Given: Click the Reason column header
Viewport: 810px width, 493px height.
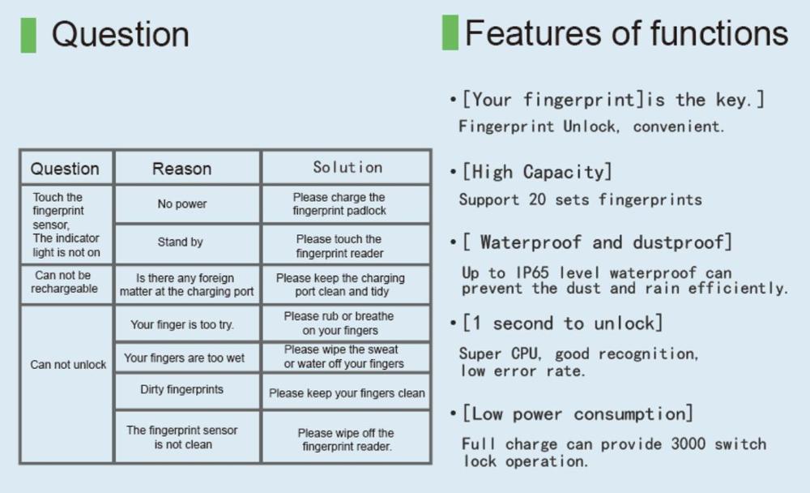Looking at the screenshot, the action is click(181, 169).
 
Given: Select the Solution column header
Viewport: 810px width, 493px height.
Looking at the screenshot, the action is click(347, 167).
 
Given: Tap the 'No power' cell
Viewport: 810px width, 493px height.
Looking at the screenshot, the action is click(181, 204).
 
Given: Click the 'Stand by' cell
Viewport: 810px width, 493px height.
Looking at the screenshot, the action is click(181, 242).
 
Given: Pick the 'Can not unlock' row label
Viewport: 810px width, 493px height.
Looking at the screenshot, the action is click(68, 364).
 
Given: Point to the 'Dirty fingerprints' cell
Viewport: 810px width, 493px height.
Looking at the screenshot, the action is click(181, 389).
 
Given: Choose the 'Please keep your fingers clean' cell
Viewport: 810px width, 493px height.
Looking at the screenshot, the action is click(347, 393).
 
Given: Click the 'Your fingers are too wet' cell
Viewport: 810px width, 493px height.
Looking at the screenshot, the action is click(184, 358).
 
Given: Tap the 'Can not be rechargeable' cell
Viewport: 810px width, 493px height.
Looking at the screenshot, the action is click(64, 282).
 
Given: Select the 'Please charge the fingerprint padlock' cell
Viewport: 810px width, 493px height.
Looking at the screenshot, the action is click(339, 204).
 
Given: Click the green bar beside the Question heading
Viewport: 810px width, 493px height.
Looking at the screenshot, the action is click(28, 35).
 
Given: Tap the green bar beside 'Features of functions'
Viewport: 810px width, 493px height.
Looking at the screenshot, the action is click(450, 32).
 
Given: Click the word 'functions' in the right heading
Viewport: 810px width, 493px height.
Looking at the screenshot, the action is click(719, 33).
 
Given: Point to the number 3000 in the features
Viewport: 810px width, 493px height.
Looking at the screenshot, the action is click(688, 444).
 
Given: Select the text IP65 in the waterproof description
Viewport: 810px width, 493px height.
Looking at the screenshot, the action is click(533, 272).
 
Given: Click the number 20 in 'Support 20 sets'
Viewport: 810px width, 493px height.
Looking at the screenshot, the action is click(537, 199).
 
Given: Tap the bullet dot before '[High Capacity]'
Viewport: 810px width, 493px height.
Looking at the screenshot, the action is click(453, 171).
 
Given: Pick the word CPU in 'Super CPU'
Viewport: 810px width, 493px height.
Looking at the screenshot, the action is click(526, 354).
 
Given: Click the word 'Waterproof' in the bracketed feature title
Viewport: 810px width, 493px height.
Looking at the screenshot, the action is click(531, 242).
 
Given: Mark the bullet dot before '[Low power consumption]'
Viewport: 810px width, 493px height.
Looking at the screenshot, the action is click(453, 414).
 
